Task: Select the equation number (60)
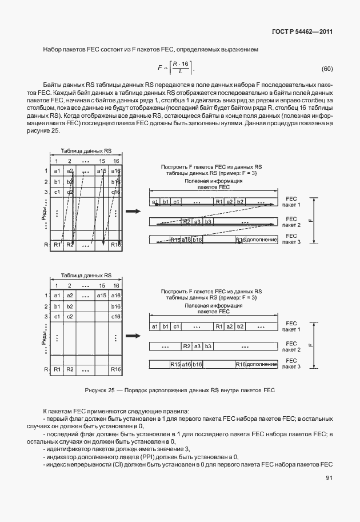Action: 326,69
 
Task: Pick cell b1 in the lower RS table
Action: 57,306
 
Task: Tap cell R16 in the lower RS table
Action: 116,369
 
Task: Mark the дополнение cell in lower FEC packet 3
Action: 263,364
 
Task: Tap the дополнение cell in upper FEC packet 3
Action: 263,240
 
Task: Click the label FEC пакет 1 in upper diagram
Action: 291,202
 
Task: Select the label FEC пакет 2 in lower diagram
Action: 291,346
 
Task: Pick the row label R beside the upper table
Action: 46,245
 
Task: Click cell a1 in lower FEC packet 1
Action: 154,326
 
